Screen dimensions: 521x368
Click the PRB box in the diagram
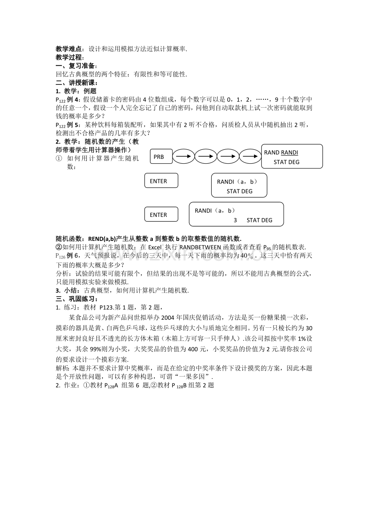(162, 156)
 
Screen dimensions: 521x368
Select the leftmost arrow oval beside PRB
(183, 156)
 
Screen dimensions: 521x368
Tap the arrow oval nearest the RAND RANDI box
(251, 156)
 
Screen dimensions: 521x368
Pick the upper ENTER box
(161, 181)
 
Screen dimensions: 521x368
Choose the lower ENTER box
(161, 215)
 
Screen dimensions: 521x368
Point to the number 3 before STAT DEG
(235, 220)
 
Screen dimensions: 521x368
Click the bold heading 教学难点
(70, 49)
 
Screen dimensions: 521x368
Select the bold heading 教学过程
(70, 57)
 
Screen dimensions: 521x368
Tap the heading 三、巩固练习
(77, 299)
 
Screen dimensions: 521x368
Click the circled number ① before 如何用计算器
(59, 158)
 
